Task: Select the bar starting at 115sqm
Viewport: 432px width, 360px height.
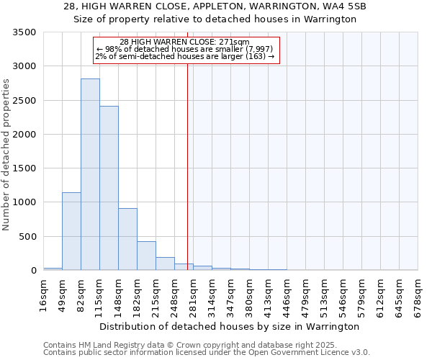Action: [x=109, y=188]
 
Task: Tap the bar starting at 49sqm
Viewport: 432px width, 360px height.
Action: [x=71, y=231]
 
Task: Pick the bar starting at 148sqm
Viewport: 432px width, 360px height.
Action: [x=127, y=239]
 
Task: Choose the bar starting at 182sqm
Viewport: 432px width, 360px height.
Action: [x=146, y=256]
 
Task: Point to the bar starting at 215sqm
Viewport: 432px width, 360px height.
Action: [x=165, y=264]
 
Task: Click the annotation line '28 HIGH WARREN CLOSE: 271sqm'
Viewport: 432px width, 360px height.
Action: [x=184, y=42]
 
